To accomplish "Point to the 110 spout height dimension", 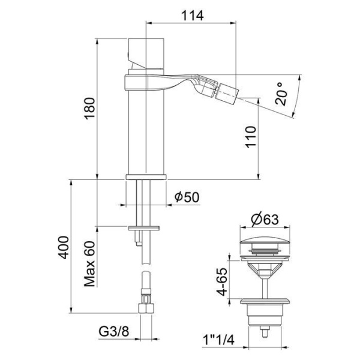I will coord(250,137).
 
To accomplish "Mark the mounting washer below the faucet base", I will coord(145,227).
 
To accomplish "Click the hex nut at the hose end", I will coord(145,308).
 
